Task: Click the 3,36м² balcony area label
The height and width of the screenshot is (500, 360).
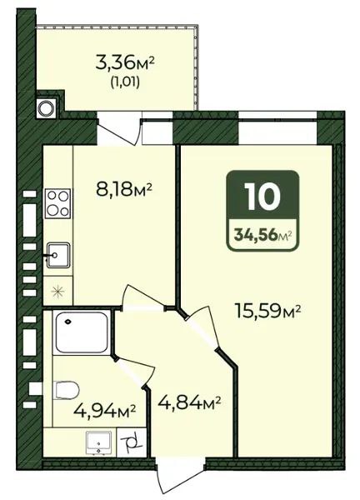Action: tap(125, 64)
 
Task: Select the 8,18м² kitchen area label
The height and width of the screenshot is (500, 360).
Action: tap(123, 189)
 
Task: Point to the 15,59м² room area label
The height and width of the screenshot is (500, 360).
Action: tap(267, 311)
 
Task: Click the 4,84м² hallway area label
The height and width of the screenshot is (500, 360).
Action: tap(189, 402)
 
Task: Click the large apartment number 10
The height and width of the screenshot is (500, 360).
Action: tap(262, 197)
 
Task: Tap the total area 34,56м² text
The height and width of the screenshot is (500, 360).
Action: tap(263, 236)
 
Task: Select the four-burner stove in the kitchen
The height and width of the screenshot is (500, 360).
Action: tap(57, 203)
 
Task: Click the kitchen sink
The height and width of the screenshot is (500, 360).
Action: tap(57, 255)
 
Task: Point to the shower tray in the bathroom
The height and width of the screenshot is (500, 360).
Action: tap(82, 332)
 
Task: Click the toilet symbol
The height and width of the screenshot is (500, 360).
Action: tap(67, 390)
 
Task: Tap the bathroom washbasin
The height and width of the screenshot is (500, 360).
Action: tap(99, 443)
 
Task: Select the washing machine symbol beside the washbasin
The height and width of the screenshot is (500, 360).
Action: tap(132, 442)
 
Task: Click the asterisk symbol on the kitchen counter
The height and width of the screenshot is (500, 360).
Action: tap(58, 292)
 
